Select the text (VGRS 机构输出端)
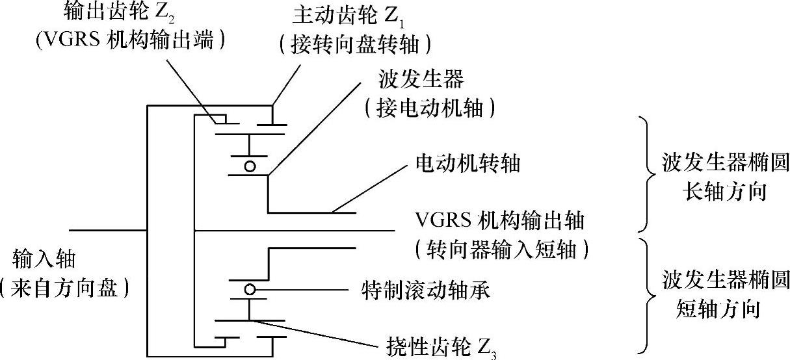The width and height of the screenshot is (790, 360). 131,41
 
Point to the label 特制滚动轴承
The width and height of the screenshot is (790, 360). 425,290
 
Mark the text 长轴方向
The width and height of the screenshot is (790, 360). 724,192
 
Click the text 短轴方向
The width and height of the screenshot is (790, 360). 724,310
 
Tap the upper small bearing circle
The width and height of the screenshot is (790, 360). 249,167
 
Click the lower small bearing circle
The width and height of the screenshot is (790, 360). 249,289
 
